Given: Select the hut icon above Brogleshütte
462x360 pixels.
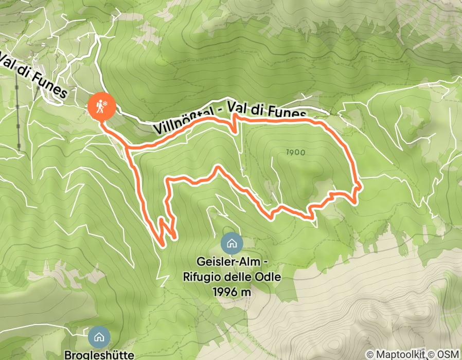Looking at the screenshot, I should click(98, 337).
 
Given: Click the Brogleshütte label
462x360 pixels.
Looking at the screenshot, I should click(99, 354).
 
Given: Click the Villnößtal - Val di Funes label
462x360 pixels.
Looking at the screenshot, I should click(230, 121).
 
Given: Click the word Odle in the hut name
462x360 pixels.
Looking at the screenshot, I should click(268, 277).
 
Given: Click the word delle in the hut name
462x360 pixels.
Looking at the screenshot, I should click(239, 277).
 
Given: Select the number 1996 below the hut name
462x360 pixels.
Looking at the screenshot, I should click(224, 292).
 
